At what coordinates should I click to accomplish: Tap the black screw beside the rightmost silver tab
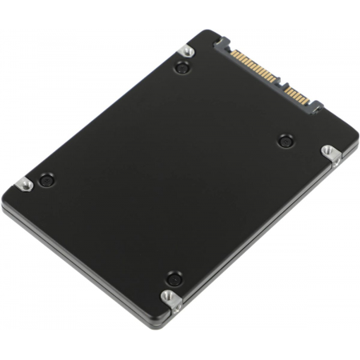tap(285, 141)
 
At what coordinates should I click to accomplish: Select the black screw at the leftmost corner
tap(46, 180)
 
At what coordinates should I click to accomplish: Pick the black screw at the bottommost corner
tap(173, 279)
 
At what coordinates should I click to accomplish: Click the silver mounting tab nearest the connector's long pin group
tap(186, 52)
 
